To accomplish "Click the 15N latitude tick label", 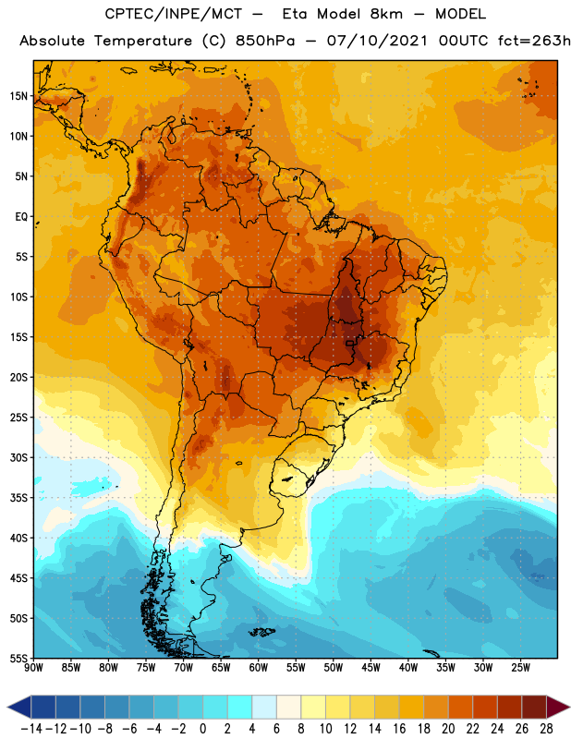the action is (x=18, y=96).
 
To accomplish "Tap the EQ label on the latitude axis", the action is (x=21, y=217).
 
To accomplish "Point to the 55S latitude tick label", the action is (x=18, y=659).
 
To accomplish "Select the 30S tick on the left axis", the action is (x=18, y=457).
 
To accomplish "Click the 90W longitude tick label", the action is (x=33, y=668).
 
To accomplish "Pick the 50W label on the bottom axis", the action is (x=334, y=668).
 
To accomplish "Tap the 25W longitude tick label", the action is (x=520, y=668).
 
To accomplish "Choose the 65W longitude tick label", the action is (x=221, y=668).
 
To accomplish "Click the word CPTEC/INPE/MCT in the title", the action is (x=173, y=14).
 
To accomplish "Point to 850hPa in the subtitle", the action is (x=265, y=41).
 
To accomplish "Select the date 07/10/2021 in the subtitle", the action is (x=377, y=41).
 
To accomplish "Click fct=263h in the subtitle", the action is (x=534, y=41).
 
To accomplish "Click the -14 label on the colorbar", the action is (x=31, y=729).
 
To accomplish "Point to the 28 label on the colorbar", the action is (x=546, y=729).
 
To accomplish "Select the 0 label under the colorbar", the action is (x=203, y=729).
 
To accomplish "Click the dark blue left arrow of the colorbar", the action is (x=19, y=707).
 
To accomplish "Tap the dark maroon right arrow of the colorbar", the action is (x=558, y=707).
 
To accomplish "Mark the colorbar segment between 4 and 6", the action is (x=264, y=707).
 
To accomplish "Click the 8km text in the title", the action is (x=386, y=14).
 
